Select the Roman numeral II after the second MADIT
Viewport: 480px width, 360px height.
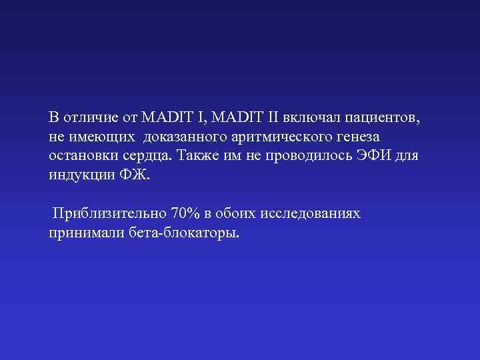coord(272,117)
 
